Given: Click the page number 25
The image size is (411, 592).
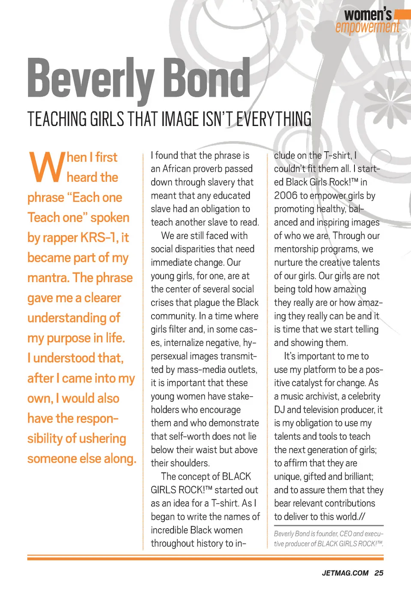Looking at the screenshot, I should [x=378, y=573].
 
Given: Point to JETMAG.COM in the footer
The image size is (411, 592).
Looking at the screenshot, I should [x=345, y=573].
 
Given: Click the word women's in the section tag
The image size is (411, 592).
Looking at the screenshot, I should [x=368, y=15].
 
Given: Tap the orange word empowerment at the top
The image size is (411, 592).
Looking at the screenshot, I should [x=367, y=27].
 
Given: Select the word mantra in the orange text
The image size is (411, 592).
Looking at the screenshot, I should [x=47, y=278].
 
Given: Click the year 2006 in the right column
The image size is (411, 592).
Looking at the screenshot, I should [x=286, y=195].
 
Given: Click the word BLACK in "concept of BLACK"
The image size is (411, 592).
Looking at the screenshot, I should [x=237, y=477].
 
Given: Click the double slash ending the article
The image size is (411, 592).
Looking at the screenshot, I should [x=362, y=517].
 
